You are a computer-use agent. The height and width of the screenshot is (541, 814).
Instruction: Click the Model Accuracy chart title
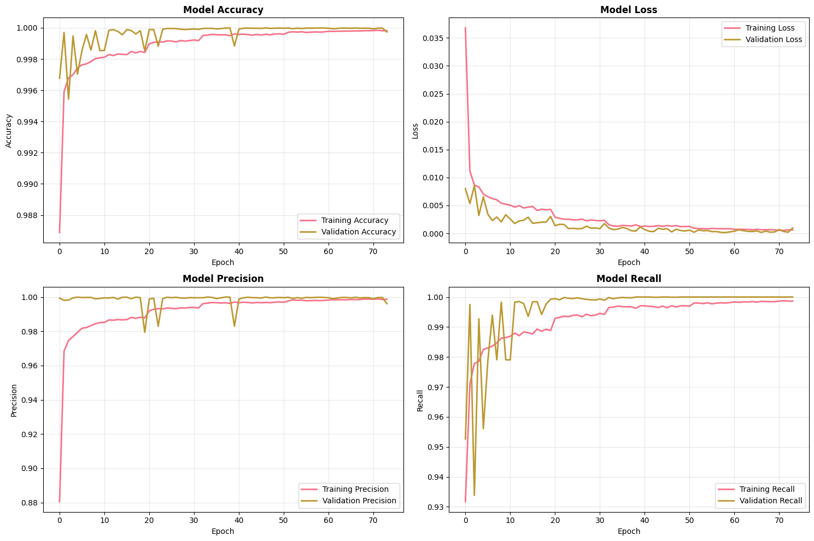pos(223,10)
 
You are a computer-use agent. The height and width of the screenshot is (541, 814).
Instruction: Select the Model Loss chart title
pos(629,10)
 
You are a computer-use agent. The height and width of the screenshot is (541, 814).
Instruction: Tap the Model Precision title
pos(223,279)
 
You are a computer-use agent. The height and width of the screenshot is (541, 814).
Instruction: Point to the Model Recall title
pos(629,279)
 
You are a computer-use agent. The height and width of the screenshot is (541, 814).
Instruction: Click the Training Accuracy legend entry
pos(355,220)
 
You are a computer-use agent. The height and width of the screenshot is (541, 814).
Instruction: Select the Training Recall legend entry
pos(767,489)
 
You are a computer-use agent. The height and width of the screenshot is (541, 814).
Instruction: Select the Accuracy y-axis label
pos(9,131)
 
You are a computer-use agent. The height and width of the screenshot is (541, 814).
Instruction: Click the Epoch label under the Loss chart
pos(629,262)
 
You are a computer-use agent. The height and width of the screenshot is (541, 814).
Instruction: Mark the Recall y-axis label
pos(420,401)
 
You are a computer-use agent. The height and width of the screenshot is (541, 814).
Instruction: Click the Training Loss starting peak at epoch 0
pos(465,28)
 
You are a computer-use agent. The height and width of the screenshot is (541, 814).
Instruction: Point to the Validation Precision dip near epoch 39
pos(235,326)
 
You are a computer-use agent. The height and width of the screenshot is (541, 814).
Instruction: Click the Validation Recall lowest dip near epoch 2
pos(475,495)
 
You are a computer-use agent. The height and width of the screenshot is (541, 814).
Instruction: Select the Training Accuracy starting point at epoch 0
pos(60,232)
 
